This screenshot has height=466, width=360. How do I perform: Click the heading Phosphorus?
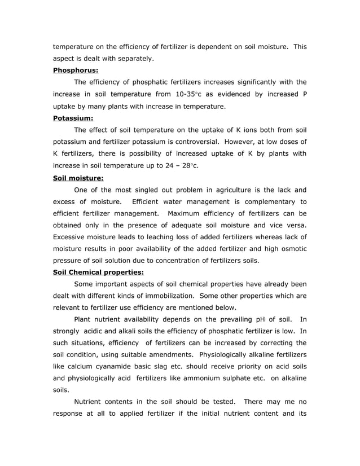[x=76, y=71]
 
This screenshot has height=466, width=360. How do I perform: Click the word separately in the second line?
[x=134, y=59]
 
